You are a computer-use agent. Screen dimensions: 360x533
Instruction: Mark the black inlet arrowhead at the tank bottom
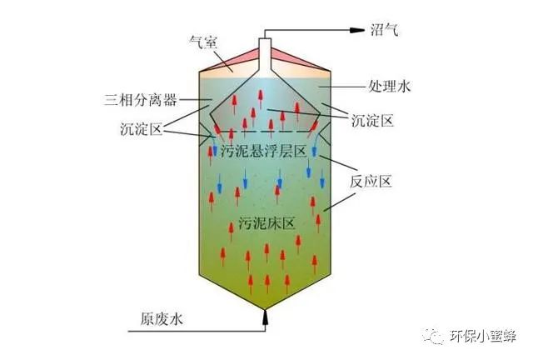tap(266, 315)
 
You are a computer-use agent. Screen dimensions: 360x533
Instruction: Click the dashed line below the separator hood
tap(266, 131)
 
